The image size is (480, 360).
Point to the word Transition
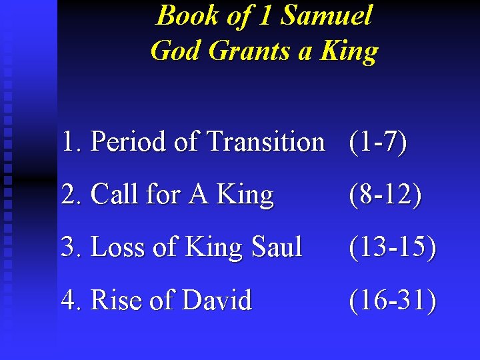tap(266, 141)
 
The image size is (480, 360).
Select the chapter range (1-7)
tap(377, 141)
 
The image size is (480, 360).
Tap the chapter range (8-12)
tap(385, 195)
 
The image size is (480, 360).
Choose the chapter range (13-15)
tap(393, 247)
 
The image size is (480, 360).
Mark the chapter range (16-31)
tap(393, 301)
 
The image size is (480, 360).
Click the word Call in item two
tap(112, 195)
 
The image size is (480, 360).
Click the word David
tap(217, 301)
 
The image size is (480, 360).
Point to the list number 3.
tap(69, 247)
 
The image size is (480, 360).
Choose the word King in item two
tap(245, 195)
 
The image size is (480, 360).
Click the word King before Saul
tap(213, 247)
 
